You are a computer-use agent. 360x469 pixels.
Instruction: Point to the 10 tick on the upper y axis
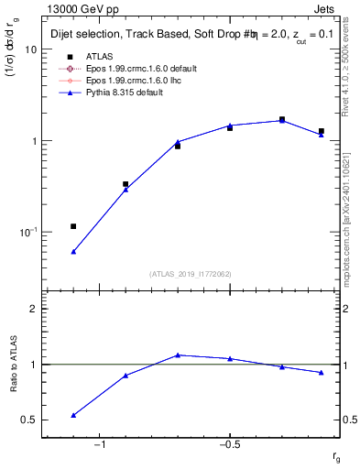click(31, 49)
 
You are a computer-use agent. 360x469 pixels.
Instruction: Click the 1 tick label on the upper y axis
click(34, 141)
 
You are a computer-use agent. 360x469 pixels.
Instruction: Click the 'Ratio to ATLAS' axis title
click(15, 364)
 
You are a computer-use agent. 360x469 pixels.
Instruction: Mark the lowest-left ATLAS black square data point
click(73, 226)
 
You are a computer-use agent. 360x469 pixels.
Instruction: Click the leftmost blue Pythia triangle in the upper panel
click(73, 251)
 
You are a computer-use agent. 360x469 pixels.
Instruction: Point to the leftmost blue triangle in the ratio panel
click(73, 415)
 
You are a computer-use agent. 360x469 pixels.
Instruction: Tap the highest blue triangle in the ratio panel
click(178, 354)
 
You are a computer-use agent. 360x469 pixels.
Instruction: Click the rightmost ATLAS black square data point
click(322, 131)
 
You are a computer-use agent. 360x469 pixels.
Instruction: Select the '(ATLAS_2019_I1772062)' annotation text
click(190, 273)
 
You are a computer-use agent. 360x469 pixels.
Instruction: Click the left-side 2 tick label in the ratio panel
click(34, 309)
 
